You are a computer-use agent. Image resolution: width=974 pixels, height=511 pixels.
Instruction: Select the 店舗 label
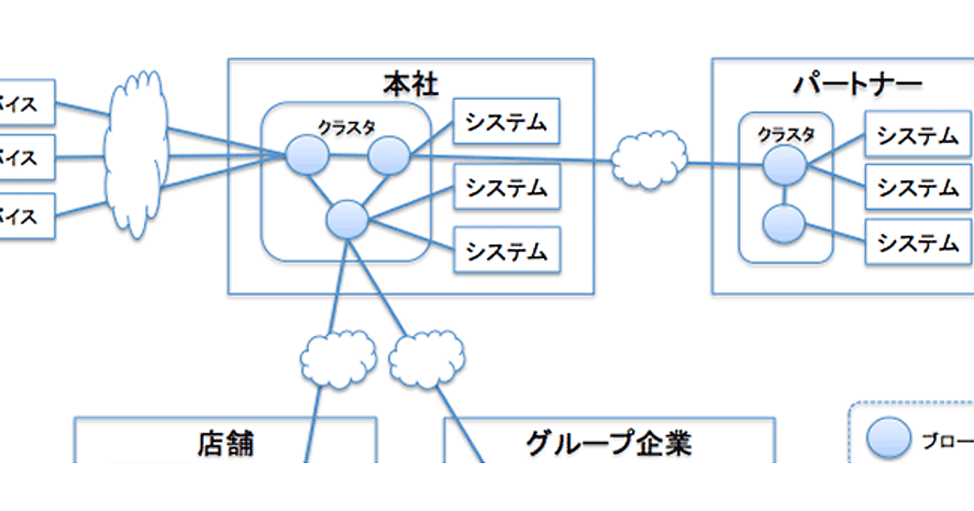pyautogui.click(x=225, y=444)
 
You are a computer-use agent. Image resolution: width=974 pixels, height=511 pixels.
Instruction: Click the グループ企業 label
pyautogui.click(x=609, y=444)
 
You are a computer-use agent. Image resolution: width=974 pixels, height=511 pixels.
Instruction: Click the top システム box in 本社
pyautogui.click(x=507, y=122)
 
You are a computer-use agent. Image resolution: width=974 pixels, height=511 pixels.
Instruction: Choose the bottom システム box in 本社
pyautogui.click(x=507, y=251)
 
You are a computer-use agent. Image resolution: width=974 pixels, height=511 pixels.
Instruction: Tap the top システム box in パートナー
pyautogui.click(x=918, y=135)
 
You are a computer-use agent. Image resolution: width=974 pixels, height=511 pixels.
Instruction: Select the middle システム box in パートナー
pyautogui.click(x=918, y=187)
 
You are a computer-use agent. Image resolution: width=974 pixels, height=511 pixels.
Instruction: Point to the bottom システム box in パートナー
pyautogui.click(x=918, y=242)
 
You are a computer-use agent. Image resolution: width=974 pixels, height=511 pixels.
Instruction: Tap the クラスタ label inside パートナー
pyautogui.click(x=786, y=135)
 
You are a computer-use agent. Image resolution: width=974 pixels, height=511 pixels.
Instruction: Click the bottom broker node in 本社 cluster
pyautogui.click(x=347, y=219)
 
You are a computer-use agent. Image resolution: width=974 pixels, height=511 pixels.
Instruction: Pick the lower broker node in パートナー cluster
pyautogui.click(x=784, y=223)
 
